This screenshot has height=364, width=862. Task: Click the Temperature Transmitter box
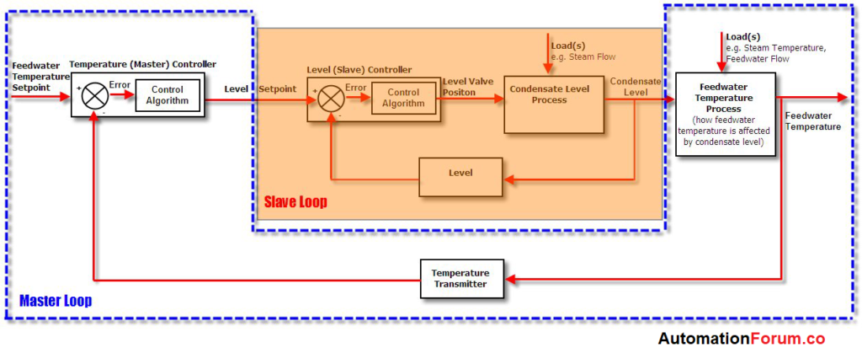point(460,279)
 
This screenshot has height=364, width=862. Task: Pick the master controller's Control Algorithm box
point(167,95)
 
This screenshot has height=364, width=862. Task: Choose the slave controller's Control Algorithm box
point(403,99)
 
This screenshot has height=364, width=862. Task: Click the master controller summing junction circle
point(93,95)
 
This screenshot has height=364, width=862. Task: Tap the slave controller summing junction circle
point(329,99)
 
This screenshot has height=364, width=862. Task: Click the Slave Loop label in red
point(295,202)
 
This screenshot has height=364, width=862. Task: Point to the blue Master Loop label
point(56,301)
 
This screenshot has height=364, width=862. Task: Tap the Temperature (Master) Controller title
point(142,64)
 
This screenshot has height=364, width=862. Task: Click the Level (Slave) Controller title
point(359,70)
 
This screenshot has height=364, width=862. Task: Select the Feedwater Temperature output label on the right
point(811,120)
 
